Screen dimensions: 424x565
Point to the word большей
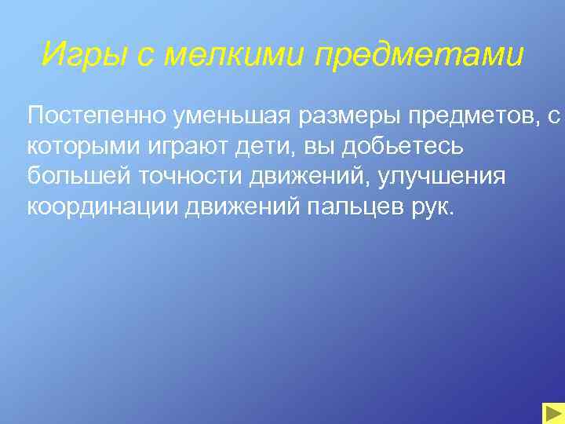(75, 178)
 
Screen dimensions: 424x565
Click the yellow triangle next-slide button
(552, 412)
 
